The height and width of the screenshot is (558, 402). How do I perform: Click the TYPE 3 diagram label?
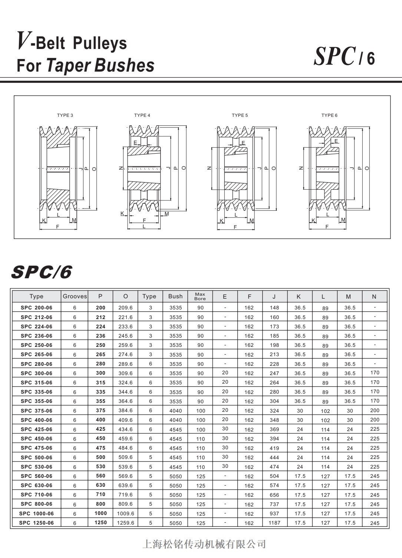click(x=65, y=115)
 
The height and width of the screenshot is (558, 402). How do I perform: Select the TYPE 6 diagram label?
click(x=329, y=115)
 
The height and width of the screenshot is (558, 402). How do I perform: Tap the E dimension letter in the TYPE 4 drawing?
click(x=135, y=142)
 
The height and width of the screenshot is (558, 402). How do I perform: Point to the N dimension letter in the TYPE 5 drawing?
click(x=209, y=168)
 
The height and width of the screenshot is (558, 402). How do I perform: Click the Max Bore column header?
click(x=200, y=296)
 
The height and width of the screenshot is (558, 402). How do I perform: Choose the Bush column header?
click(x=175, y=296)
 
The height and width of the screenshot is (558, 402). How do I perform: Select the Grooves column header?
click(x=75, y=296)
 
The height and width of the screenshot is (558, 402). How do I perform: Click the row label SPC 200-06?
click(x=36, y=308)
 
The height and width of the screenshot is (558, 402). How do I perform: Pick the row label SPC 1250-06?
click(x=36, y=523)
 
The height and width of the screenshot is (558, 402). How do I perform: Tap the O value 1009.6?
click(x=125, y=513)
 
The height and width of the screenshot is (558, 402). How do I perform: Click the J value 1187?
click(x=274, y=523)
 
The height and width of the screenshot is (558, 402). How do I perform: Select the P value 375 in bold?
click(x=100, y=410)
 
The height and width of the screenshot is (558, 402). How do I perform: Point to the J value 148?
click(x=274, y=308)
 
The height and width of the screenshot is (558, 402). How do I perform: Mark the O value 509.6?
click(x=125, y=457)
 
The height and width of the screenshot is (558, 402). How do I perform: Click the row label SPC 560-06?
click(x=36, y=476)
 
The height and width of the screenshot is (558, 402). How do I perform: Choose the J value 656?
click(x=274, y=495)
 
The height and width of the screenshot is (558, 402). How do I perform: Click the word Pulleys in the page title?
click(x=100, y=43)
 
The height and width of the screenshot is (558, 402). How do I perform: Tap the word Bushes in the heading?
click(x=124, y=65)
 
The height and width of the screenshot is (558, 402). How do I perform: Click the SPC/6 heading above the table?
click(x=41, y=272)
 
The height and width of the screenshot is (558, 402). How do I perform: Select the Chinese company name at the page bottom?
click(x=204, y=544)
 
